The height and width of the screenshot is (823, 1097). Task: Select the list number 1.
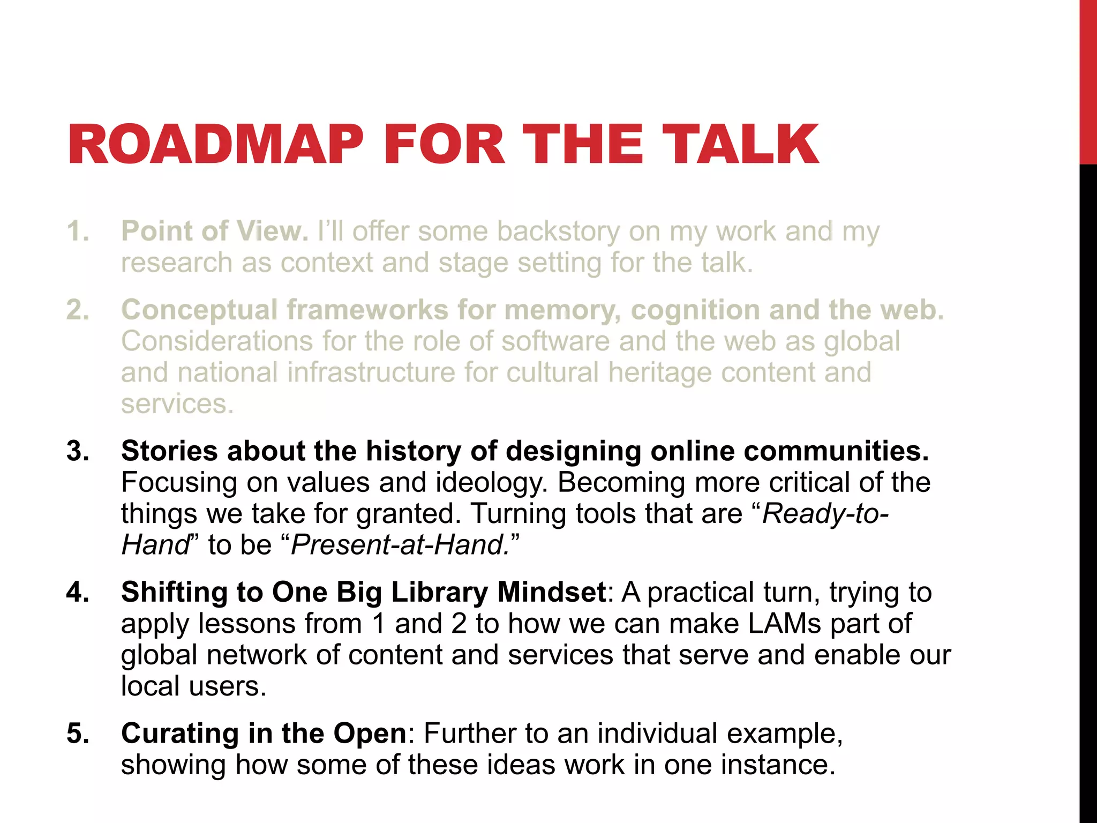pyautogui.click(x=78, y=231)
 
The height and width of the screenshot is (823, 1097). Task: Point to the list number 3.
pyautogui.click(x=78, y=451)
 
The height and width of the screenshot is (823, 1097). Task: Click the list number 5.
pyautogui.click(x=78, y=734)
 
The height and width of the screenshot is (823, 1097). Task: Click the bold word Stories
pyautogui.click(x=170, y=451)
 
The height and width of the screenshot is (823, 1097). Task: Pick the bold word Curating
pyautogui.click(x=180, y=734)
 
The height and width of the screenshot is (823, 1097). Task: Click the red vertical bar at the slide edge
pyautogui.click(x=1088, y=80)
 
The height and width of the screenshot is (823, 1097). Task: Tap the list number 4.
pyautogui.click(x=78, y=593)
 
